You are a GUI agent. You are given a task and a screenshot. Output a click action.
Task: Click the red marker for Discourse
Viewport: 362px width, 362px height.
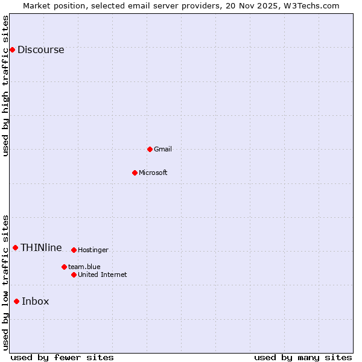tap(12, 49)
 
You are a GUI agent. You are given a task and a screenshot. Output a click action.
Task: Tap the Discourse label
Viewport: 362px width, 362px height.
tap(40, 50)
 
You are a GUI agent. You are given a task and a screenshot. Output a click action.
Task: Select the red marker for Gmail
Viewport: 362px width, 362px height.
tap(150, 149)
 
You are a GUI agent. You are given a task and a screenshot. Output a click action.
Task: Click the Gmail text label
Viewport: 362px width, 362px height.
tap(163, 150)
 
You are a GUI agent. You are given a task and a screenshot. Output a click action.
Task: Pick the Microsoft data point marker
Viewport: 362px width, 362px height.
tap(135, 173)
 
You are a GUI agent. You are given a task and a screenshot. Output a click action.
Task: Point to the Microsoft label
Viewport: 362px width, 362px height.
tap(153, 173)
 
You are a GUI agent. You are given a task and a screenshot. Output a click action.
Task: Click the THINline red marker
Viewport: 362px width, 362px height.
tap(15, 247)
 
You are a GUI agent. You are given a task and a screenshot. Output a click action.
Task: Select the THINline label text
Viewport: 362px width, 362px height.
tap(41, 248)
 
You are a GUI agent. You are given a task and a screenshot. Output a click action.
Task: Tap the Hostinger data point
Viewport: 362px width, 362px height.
tap(74, 250)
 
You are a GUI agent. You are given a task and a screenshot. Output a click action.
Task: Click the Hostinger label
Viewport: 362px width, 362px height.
tap(93, 250)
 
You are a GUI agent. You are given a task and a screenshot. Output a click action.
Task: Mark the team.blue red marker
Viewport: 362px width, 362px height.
tap(64, 267)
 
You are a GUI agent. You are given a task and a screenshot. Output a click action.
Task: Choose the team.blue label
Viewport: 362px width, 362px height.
tap(84, 267)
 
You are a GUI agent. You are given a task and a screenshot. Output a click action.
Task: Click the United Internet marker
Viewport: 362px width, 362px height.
tap(74, 275)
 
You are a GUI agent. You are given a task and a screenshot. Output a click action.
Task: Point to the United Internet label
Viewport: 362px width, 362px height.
tap(103, 275)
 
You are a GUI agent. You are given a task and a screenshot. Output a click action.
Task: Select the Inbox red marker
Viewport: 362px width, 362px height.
tap(16, 301)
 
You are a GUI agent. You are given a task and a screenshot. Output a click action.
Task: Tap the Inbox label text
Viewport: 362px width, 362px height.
tap(36, 302)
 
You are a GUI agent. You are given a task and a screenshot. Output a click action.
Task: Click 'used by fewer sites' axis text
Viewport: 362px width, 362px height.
tap(62, 358)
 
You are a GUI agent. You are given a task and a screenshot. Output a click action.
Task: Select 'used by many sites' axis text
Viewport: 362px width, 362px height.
tap(303, 358)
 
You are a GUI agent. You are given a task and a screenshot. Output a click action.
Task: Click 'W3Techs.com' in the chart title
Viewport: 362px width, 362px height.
tap(311, 6)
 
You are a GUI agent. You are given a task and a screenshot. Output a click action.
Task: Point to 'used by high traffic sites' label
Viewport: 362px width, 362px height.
tap(6, 86)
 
